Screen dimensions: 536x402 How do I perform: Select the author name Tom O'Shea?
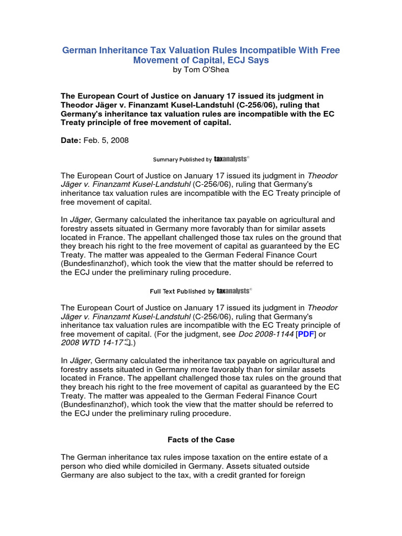pyautogui.click(x=207, y=70)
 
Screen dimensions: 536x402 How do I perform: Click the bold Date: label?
pyautogui.click(x=72, y=140)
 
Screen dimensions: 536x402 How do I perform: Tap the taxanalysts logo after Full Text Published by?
pyautogui.click(x=233, y=291)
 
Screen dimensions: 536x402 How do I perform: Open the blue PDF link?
pyautogui.click(x=306, y=334)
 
